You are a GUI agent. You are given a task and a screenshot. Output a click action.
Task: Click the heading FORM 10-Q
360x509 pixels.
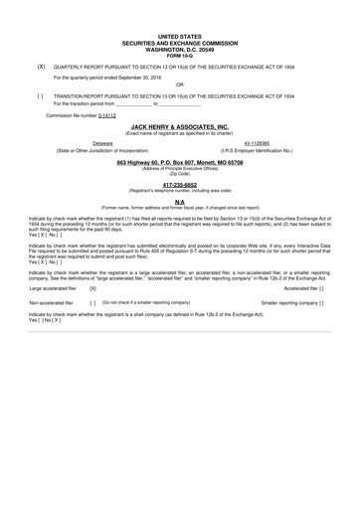pos(180,53)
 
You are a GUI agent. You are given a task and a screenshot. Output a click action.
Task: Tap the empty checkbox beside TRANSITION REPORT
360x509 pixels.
pos(40,95)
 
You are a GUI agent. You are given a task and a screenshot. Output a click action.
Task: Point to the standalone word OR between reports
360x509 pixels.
pos(180,85)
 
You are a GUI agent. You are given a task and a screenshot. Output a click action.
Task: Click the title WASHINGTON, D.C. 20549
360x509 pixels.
pos(180,47)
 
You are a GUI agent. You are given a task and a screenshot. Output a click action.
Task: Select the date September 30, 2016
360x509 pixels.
pos(136,76)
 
